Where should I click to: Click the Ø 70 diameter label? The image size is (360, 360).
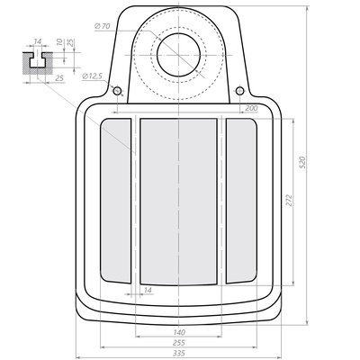click(x=102, y=26)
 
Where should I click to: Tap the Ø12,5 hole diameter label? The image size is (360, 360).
click(x=92, y=76)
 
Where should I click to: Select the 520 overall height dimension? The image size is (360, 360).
click(x=302, y=162)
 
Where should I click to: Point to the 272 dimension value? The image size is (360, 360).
click(x=289, y=200)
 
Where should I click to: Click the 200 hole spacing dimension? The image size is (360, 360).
click(x=251, y=108)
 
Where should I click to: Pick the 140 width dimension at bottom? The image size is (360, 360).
click(x=179, y=332)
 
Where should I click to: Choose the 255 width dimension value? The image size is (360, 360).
click(x=179, y=343)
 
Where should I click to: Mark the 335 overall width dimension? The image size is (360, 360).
click(x=179, y=353)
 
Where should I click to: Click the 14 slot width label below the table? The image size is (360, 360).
click(x=148, y=290)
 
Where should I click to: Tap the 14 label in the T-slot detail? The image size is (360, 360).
click(x=37, y=41)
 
